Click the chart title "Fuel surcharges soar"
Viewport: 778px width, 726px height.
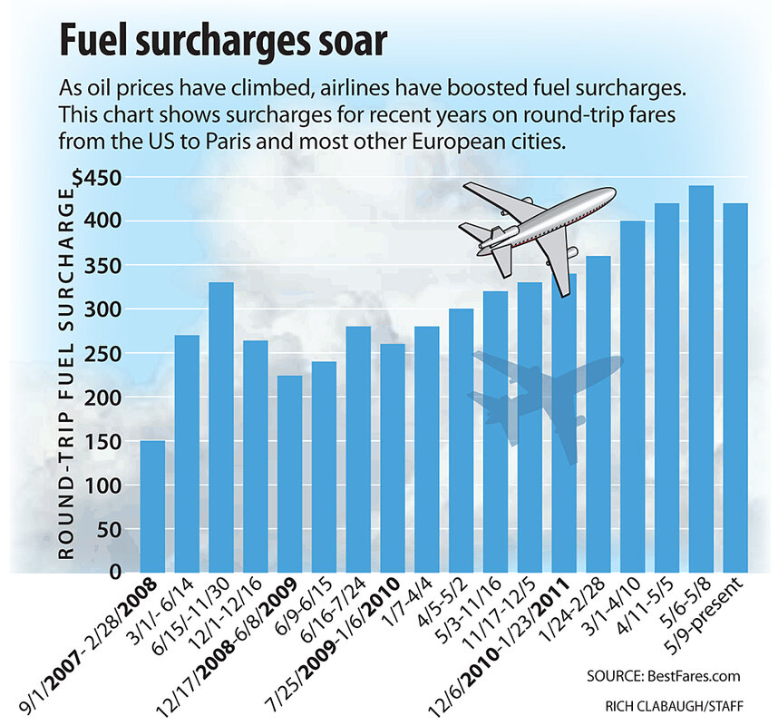click(221, 42)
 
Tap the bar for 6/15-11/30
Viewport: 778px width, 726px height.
click(221, 427)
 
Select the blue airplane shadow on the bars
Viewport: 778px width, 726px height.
click(544, 390)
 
